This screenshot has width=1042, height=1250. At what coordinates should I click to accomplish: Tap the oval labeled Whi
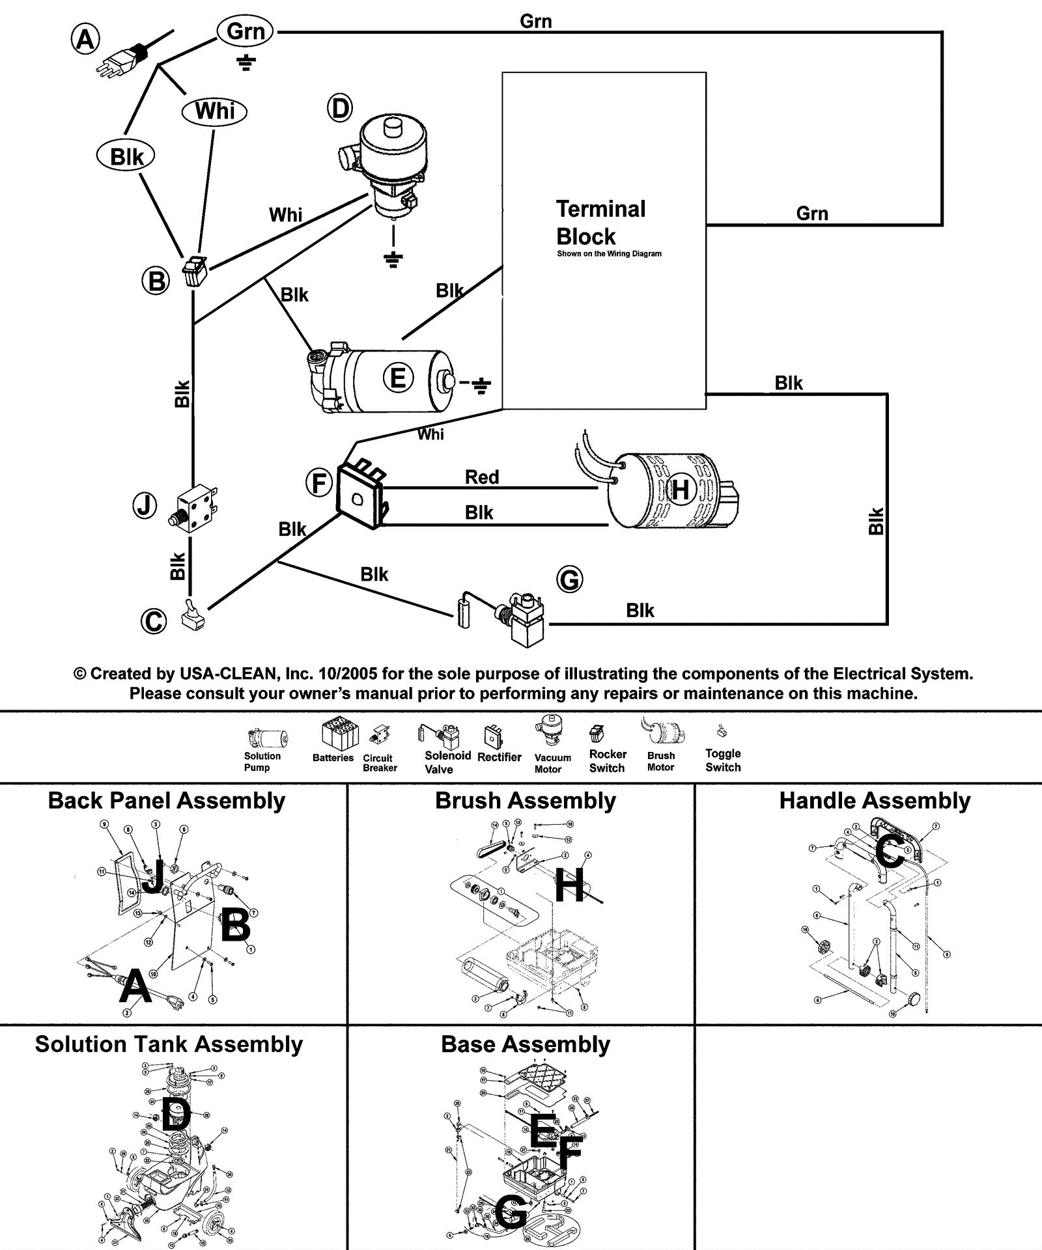point(214,111)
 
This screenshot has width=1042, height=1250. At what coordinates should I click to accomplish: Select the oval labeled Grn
point(246,31)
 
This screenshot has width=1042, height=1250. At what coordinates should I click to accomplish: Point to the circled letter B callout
point(156,281)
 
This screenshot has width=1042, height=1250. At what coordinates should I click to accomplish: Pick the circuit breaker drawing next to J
point(195,508)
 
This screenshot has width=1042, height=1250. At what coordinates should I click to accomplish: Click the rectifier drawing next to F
point(359,494)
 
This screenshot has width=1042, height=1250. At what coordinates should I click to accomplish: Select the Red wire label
point(482,477)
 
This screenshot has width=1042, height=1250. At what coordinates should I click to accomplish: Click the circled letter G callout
point(570,579)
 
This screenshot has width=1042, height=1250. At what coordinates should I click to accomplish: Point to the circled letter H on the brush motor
point(680,490)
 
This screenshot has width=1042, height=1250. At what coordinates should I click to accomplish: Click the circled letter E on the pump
point(398,378)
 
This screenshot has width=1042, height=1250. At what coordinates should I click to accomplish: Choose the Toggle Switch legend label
point(723,760)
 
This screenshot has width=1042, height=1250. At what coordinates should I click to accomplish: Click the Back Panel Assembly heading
point(167,801)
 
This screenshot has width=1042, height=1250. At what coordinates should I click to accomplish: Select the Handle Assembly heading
point(875,801)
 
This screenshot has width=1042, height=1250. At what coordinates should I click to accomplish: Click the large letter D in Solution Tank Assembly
point(175,1114)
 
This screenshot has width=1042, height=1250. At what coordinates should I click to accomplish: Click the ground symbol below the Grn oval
point(246,62)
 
